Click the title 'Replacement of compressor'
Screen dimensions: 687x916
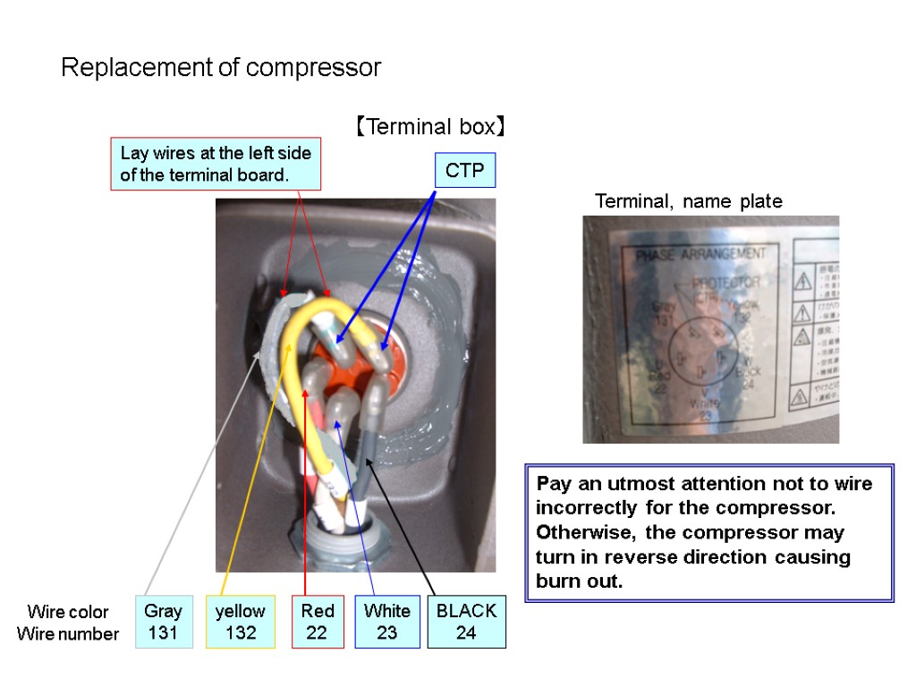(x=221, y=68)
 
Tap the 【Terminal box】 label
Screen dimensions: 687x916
(x=429, y=127)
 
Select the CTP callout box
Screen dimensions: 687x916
(x=465, y=171)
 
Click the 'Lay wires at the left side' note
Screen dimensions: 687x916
(x=216, y=164)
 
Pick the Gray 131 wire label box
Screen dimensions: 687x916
(x=163, y=622)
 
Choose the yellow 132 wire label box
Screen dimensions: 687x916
(x=241, y=622)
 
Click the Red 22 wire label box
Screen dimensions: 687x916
(x=317, y=622)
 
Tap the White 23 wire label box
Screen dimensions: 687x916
(x=386, y=622)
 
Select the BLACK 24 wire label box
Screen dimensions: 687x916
(x=466, y=622)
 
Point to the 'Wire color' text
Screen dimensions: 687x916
(x=68, y=612)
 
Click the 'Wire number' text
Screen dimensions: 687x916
(x=68, y=634)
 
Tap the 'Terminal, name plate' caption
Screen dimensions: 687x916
(x=689, y=202)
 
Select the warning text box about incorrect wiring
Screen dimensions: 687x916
(x=709, y=532)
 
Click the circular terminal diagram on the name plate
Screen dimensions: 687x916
(x=702, y=352)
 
